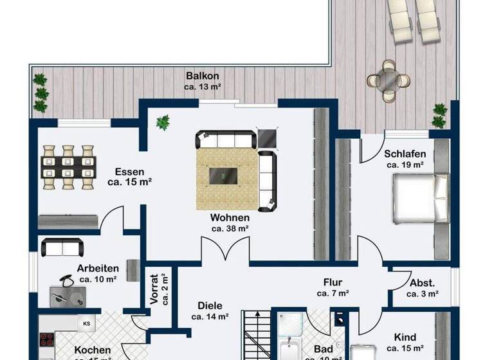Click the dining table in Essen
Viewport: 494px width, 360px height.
click(x=69, y=168)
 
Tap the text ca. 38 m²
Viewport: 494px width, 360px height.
click(x=230, y=228)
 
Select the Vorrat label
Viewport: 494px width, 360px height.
click(x=155, y=289)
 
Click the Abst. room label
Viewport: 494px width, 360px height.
click(x=423, y=282)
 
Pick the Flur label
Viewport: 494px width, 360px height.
click(x=333, y=282)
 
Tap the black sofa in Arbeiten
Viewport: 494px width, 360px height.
click(x=60, y=247)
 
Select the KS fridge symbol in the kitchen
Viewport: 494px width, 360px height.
click(x=86, y=323)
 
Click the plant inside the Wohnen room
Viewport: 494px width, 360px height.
click(x=163, y=121)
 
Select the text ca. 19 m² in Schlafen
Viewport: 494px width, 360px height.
click(x=405, y=165)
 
